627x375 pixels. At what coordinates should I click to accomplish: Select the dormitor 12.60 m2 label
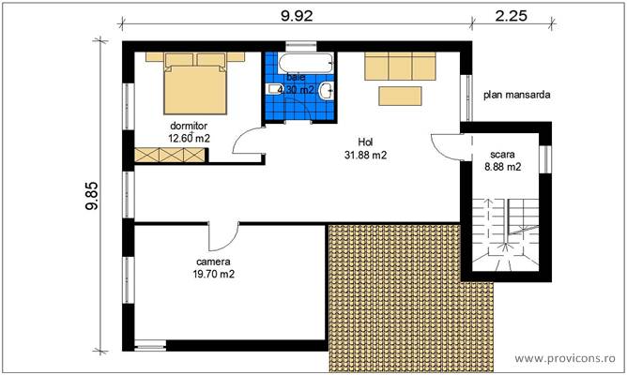(188, 131)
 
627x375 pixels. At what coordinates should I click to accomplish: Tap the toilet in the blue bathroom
(325, 91)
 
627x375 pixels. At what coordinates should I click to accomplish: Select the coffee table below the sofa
(401, 95)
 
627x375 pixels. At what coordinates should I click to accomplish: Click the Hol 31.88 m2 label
(365, 149)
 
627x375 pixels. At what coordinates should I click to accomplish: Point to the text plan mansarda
(516, 95)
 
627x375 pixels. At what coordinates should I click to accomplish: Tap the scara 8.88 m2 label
(503, 160)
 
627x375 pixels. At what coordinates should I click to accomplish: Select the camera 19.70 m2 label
(214, 268)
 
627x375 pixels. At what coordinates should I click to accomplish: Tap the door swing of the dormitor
(250, 142)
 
